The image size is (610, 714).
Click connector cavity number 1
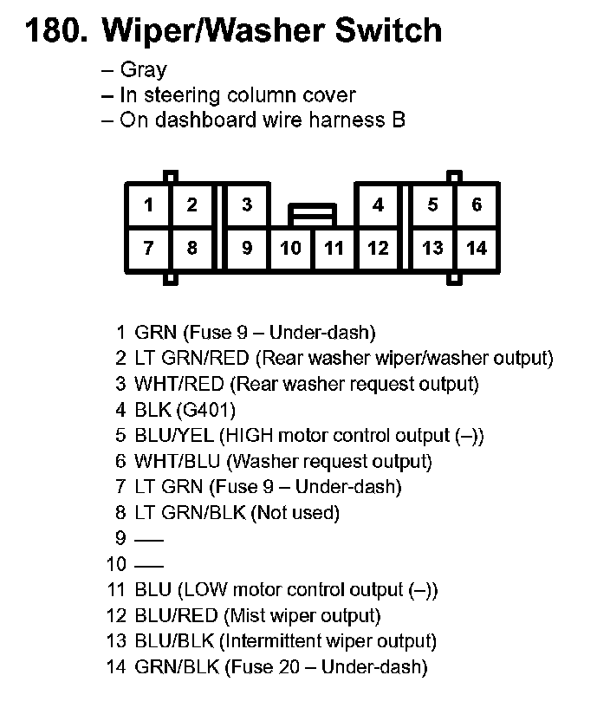[148, 205]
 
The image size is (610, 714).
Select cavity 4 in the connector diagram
[378, 205]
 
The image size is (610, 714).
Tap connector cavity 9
[247, 249]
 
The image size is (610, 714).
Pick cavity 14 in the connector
[477, 249]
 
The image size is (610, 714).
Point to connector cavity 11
[334, 249]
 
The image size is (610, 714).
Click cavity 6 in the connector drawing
[477, 205]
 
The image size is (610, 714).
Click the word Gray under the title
[143, 70]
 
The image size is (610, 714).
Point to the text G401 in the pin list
[204, 409]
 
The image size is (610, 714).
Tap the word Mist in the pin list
[243, 617]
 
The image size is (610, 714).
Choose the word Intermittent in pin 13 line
[275, 642]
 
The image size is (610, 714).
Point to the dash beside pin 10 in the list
[149, 566]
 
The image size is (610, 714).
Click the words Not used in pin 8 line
[295, 513]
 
